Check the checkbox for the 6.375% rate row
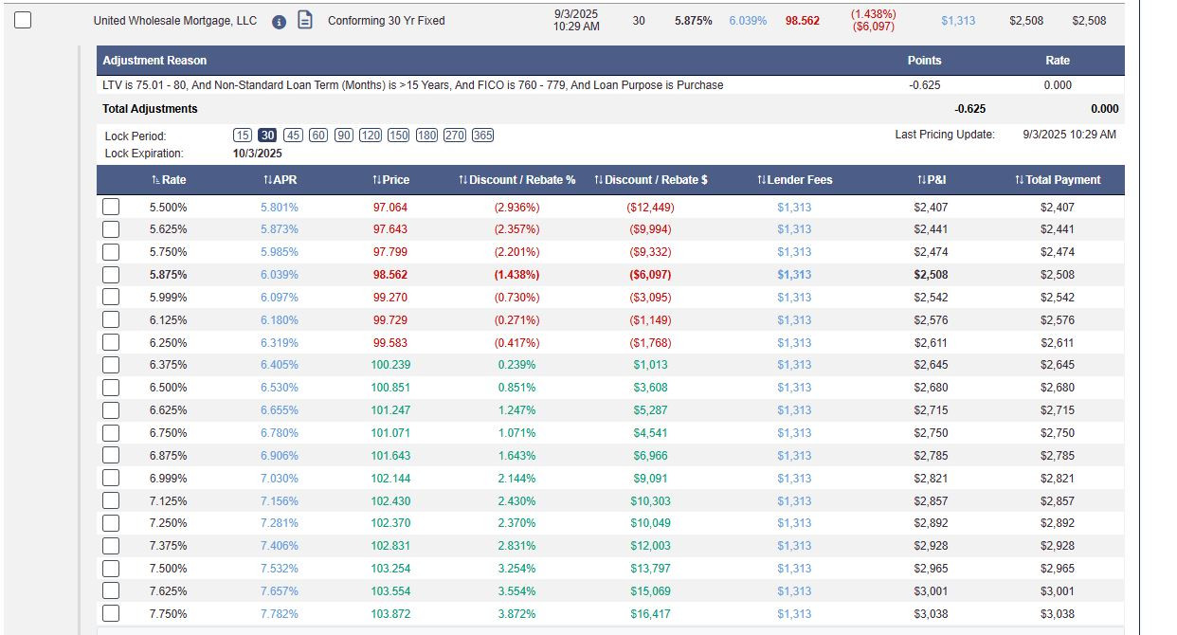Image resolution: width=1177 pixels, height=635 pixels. point(111,365)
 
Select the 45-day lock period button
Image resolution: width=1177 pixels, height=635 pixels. point(293,136)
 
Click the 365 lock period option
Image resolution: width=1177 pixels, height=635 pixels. point(482,136)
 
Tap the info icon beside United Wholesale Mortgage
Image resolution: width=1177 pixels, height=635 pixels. point(279,22)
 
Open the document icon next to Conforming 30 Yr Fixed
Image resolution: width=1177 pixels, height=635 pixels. point(305,20)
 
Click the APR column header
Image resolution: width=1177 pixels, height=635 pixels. point(281,180)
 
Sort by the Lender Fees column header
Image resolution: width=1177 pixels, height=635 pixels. point(795,180)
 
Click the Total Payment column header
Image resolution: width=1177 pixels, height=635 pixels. point(1058,180)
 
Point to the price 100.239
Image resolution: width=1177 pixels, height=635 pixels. point(390,365)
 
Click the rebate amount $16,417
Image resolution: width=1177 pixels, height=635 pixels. point(650,614)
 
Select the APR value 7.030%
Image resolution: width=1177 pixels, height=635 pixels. point(279,479)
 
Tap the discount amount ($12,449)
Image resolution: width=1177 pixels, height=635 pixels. point(650,208)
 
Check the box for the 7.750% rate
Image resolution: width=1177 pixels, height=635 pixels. point(111,613)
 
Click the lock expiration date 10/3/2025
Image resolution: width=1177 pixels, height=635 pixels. point(258,154)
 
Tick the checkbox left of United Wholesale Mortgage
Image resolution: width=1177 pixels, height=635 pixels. point(23,21)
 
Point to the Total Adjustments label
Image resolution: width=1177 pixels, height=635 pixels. point(150,109)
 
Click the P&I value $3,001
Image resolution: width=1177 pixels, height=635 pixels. point(931,591)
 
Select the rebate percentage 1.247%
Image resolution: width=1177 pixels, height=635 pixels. point(517,410)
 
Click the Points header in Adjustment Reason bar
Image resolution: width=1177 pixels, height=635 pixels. point(924,61)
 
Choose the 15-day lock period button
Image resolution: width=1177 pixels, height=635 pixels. point(243,136)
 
